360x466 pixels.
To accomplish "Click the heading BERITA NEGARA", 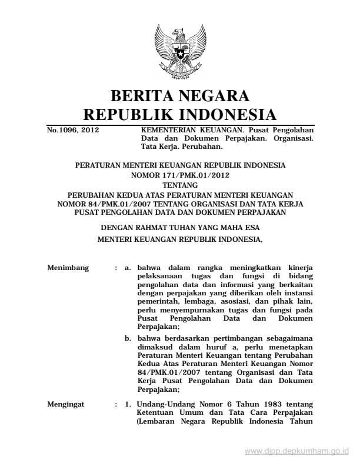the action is click(x=180, y=95).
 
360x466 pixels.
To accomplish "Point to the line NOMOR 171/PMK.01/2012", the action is click(x=180, y=175).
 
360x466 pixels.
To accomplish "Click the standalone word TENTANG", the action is click(x=180, y=185).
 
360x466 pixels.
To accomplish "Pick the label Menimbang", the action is click(x=68, y=268).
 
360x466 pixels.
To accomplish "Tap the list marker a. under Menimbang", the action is click(x=128, y=268).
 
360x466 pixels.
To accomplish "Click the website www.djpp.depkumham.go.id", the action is click(x=297, y=451).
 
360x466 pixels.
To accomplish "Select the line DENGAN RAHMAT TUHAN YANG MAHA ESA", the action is click(x=180, y=227).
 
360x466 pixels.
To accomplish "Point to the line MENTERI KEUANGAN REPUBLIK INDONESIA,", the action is click(x=180, y=239).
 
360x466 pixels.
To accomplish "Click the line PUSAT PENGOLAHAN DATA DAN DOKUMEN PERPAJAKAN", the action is click(x=180, y=212).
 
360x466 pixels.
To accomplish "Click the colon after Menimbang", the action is click(x=116, y=268).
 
